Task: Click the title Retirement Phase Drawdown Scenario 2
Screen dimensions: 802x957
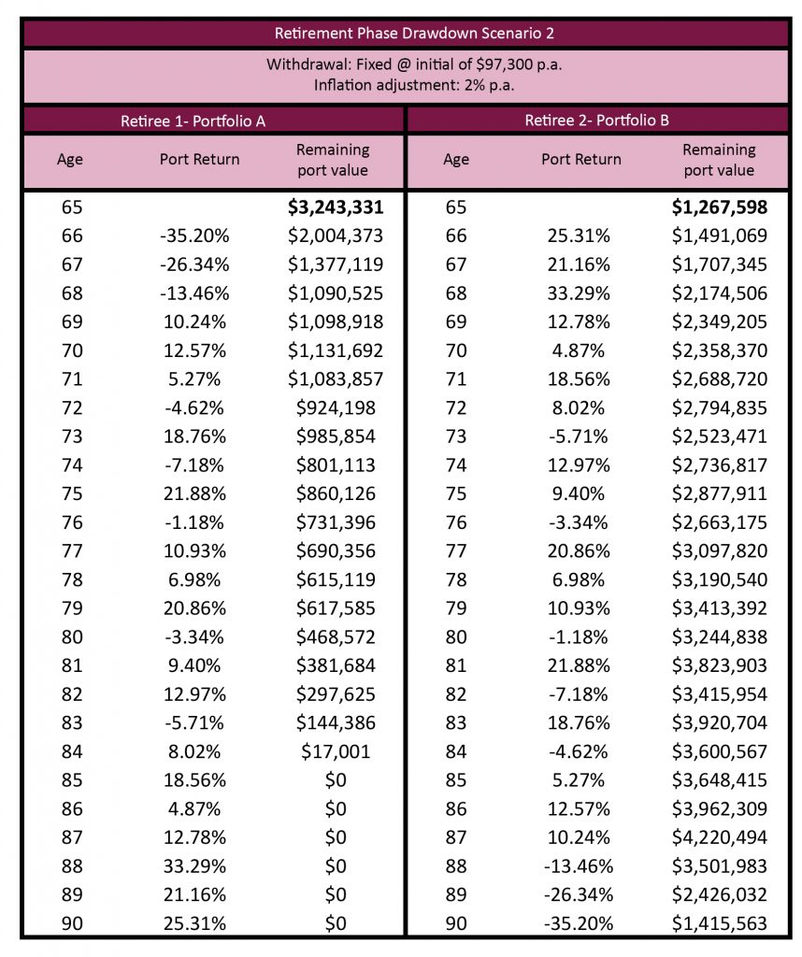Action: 414,33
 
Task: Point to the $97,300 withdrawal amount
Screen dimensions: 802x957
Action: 504,64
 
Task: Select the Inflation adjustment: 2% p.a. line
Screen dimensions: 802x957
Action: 414,85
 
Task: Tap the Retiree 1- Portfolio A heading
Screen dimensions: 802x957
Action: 193,121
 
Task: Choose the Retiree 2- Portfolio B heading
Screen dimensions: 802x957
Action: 597,121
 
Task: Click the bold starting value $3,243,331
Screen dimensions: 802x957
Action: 336,207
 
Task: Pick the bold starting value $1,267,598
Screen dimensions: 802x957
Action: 720,207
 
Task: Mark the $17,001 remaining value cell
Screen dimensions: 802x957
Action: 336,751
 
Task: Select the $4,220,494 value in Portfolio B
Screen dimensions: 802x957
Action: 720,837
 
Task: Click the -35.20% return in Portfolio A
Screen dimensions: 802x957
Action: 194,236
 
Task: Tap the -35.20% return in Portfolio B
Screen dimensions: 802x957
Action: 579,923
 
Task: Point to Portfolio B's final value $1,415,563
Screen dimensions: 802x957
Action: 720,923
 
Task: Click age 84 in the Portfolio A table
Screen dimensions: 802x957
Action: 72,751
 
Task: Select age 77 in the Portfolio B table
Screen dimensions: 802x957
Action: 456,551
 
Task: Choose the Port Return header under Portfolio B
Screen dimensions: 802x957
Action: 581,159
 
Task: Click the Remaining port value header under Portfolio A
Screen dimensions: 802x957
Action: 333,160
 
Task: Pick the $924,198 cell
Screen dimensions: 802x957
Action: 336,407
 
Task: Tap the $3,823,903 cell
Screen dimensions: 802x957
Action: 720,665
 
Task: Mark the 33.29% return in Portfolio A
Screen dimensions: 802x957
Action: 194,866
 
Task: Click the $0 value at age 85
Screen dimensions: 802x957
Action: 336,780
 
